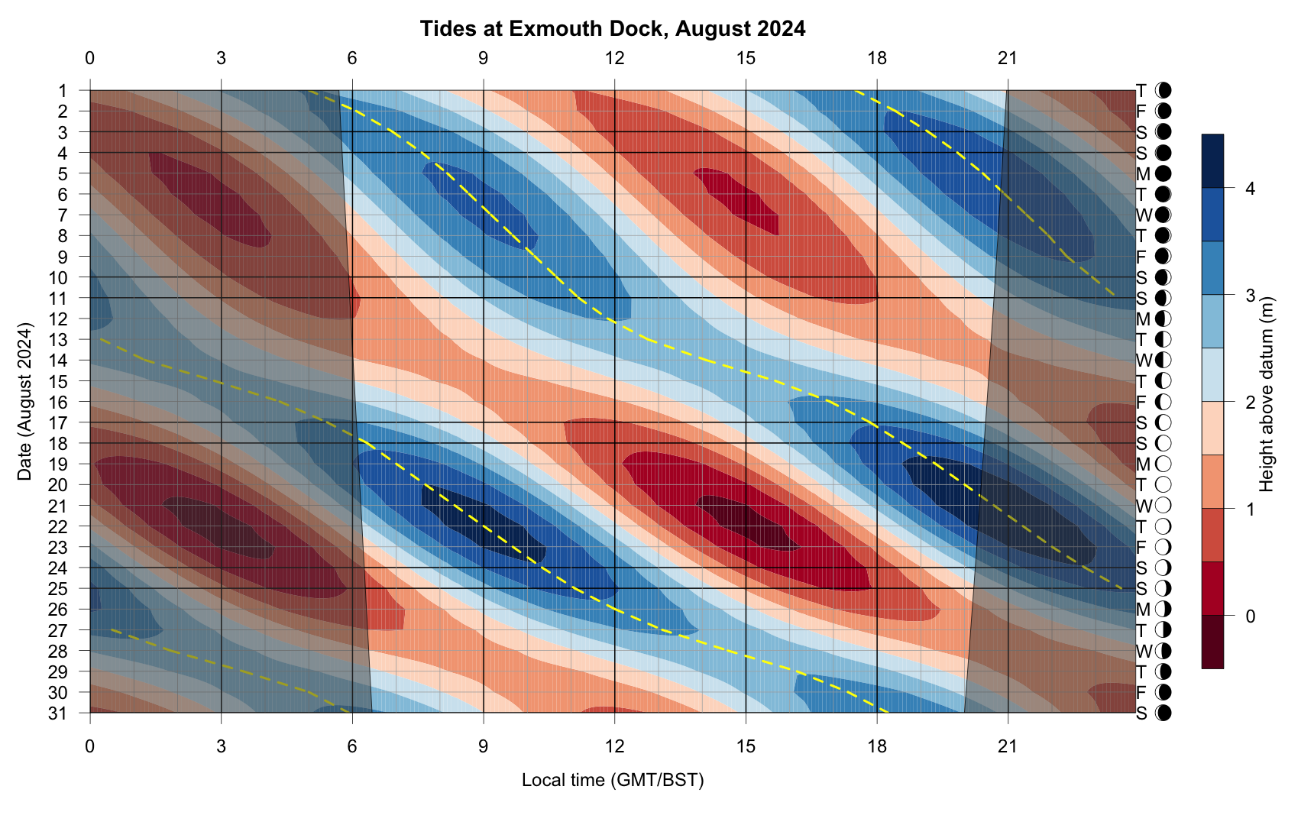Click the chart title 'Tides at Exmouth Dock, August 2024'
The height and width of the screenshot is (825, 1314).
pyautogui.click(x=613, y=29)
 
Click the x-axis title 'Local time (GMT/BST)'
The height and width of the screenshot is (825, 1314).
pyautogui.click(x=613, y=780)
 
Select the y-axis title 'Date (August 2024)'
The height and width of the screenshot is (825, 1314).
pyautogui.click(x=24, y=402)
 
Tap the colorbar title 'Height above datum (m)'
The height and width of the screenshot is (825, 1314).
pyautogui.click(x=1266, y=394)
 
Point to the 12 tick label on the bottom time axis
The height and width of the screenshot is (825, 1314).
pyautogui.click(x=614, y=746)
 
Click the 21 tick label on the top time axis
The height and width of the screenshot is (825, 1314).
pyautogui.click(x=1008, y=58)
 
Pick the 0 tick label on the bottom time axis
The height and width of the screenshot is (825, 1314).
pyautogui.click(x=90, y=746)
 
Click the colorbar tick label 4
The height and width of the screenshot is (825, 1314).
pyautogui.click(x=1251, y=189)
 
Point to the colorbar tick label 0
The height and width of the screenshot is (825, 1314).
pyautogui.click(x=1251, y=616)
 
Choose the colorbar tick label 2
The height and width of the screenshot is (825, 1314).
pyautogui.click(x=1251, y=402)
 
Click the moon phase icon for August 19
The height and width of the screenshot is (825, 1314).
pyautogui.click(x=1164, y=464)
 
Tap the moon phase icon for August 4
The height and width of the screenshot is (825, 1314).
pyautogui.click(x=1164, y=153)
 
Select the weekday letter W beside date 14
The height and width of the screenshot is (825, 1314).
pyautogui.click(x=1143, y=360)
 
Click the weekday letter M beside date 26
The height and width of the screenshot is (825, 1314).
pyautogui.click(x=1143, y=610)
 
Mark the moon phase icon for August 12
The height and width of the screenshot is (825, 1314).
pyautogui.click(x=1164, y=319)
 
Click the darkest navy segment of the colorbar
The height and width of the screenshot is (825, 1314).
pyautogui.click(x=1212, y=161)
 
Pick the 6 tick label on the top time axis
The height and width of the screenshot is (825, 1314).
pyautogui.click(x=352, y=58)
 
